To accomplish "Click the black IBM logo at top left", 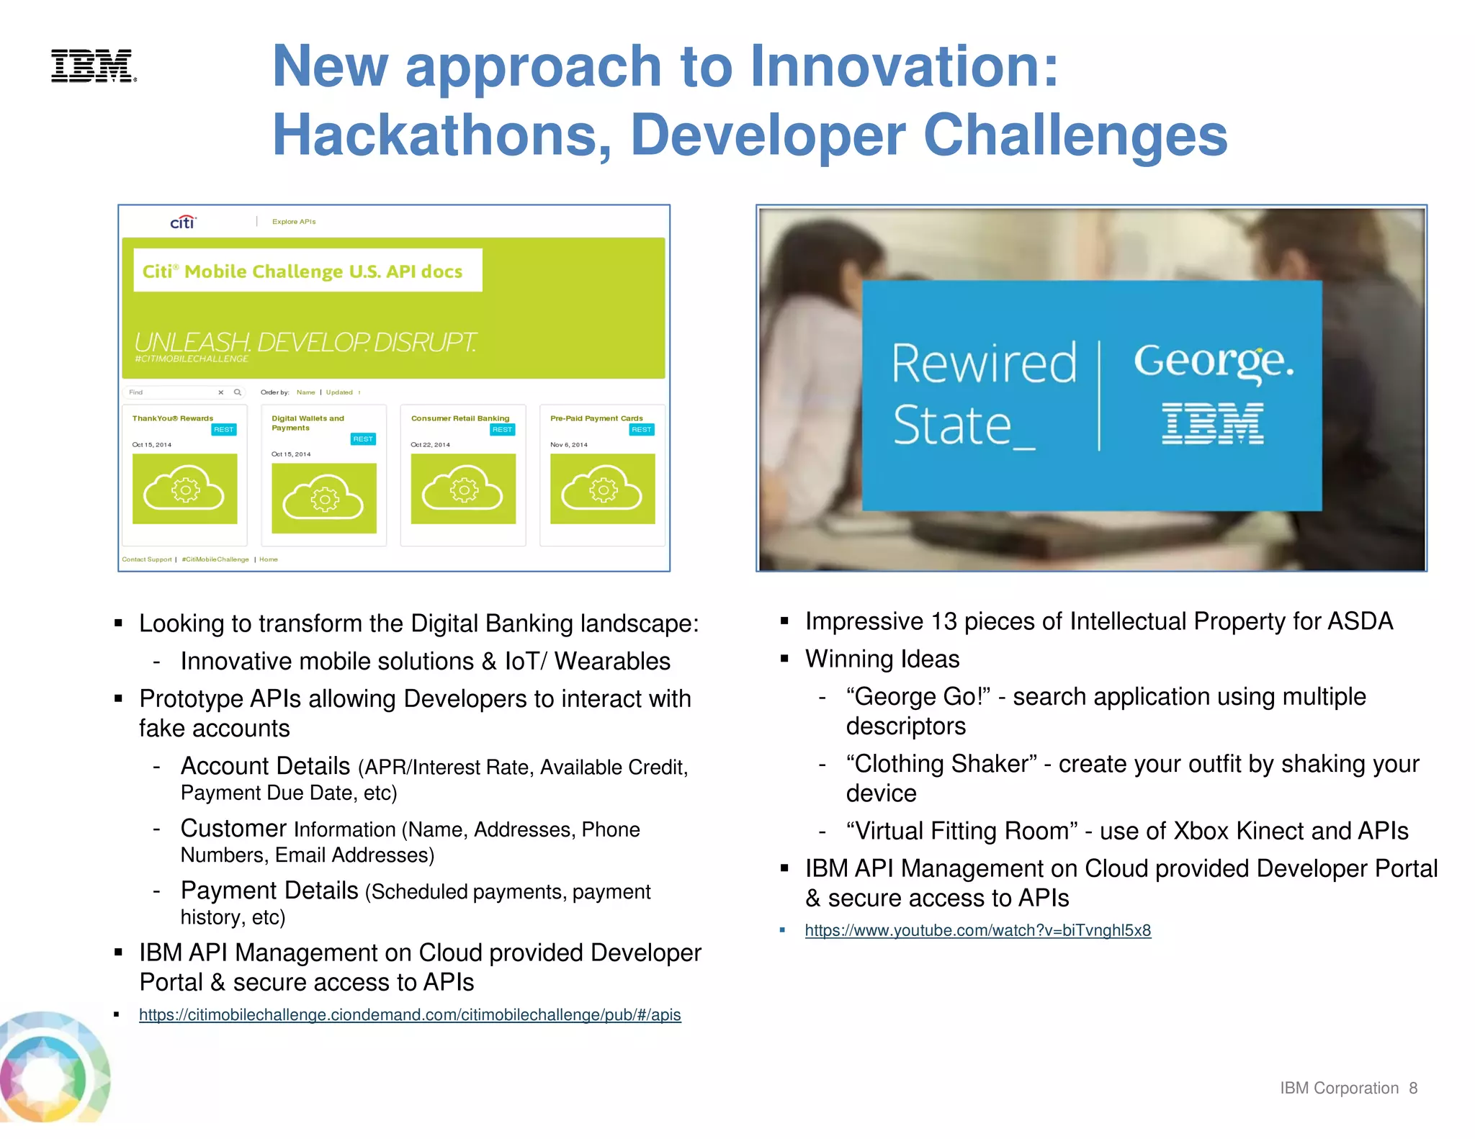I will [x=93, y=66].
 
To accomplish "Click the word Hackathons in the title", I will [x=439, y=135].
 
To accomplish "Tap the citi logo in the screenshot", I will [x=183, y=222].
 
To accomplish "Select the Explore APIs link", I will [x=294, y=222].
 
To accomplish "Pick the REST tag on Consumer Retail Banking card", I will [x=502, y=430].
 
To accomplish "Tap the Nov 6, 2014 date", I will [x=569, y=445].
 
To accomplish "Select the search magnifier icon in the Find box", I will [x=238, y=392].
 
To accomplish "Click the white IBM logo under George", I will [x=1213, y=423].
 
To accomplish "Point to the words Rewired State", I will [x=983, y=394].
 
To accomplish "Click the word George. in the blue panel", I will [x=1213, y=361].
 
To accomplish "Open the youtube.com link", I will [x=977, y=930].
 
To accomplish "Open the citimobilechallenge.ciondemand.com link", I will [x=410, y=1014].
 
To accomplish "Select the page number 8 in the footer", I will [x=1413, y=1088].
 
